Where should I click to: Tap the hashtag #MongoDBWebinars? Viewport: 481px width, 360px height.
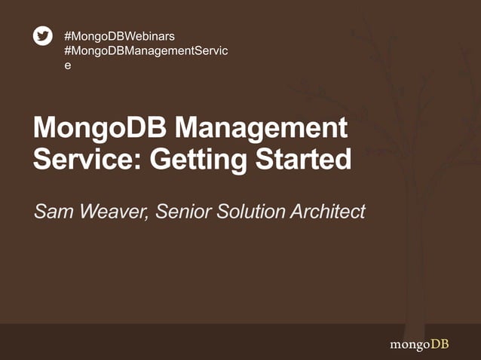[121, 35]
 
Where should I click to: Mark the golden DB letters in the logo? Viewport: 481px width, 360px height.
[440, 344]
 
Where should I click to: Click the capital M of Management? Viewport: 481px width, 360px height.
[190, 129]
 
